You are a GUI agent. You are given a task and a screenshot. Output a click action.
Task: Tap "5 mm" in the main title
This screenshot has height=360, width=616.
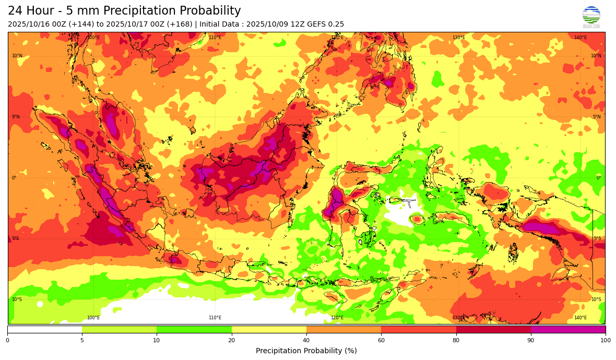click(81, 11)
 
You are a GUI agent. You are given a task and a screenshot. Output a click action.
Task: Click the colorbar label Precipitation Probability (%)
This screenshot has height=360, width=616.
click(306, 351)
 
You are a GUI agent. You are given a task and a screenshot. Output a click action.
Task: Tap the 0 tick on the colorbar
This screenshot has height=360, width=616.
click(7, 340)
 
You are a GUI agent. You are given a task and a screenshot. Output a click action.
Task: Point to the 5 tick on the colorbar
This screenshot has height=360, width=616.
click(82, 340)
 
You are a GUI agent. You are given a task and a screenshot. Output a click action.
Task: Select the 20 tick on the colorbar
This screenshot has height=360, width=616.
click(231, 340)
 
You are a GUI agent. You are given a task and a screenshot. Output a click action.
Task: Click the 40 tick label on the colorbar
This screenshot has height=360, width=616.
click(306, 340)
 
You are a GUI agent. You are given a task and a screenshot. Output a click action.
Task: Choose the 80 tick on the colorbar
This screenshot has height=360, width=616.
click(456, 340)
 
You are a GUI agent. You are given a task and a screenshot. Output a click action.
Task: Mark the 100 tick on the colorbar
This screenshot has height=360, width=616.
click(605, 340)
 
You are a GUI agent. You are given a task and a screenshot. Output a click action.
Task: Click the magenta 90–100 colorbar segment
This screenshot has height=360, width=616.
click(568, 329)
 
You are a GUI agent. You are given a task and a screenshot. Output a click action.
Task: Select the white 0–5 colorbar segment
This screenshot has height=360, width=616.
click(44, 329)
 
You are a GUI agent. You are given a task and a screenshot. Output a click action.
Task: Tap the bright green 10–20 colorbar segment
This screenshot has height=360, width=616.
click(194, 329)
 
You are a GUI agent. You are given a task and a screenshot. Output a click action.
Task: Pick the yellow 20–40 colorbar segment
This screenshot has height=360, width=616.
click(269, 329)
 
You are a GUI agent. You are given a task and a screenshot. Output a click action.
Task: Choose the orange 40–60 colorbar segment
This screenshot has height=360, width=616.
click(343, 329)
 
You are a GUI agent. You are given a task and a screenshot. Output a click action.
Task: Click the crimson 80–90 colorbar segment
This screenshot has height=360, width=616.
click(493, 329)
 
